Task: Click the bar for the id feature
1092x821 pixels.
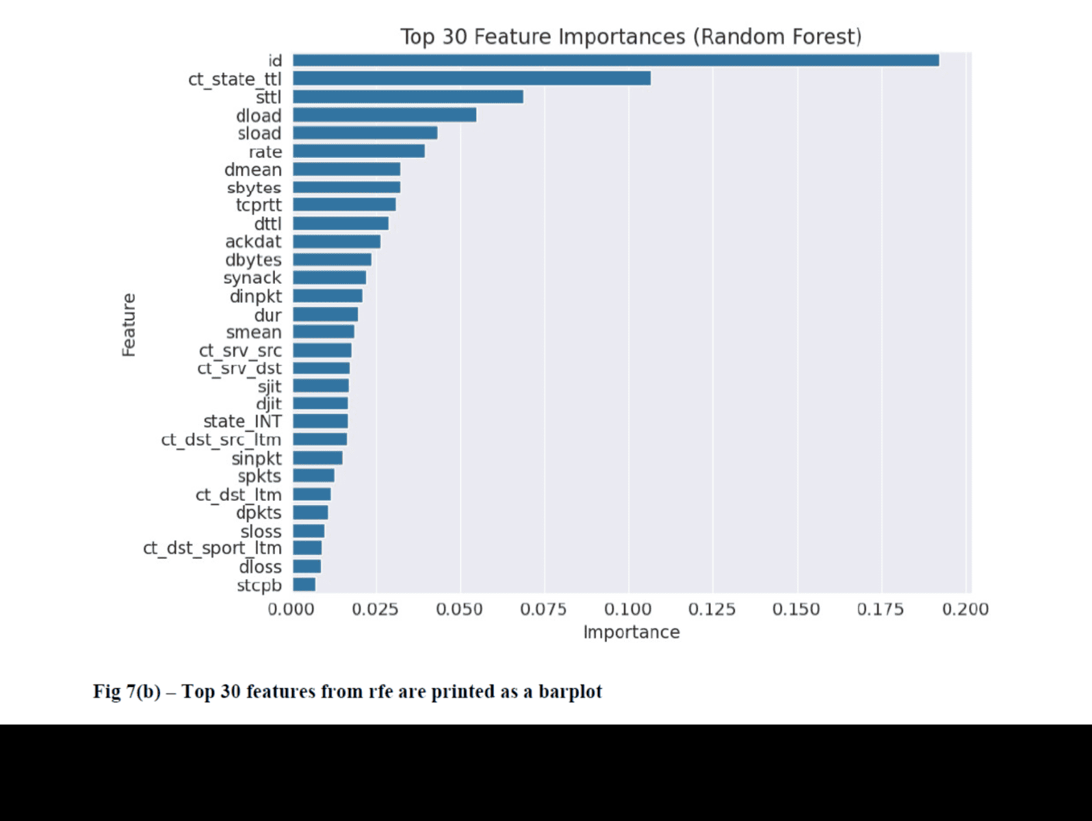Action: tap(616, 60)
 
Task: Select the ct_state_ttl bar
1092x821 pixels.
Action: tap(471, 79)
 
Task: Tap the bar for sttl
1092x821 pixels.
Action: tap(408, 96)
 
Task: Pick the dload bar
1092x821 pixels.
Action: tap(385, 115)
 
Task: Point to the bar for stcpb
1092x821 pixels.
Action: tap(304, 584)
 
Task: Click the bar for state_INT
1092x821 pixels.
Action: tap(320, 421)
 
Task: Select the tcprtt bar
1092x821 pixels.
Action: tap(344, 205)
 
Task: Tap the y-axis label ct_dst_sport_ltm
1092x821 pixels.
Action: tap(212, 549)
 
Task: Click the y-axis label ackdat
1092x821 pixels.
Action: tap(253, 242)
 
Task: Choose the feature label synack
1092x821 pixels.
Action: tap(252, 278)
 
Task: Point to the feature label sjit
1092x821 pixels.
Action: tap(269, 387)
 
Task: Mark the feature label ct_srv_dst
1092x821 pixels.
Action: tap(239, 368)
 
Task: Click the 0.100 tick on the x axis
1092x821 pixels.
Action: tap(627, 609)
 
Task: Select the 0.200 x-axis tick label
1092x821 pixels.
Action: tap(965, 609)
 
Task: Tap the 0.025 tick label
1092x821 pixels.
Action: tap(375, 609)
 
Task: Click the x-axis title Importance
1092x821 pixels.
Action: tap(631, 632)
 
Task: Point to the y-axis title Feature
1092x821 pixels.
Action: tap(129, 325)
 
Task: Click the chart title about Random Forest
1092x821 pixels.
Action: tap(630, 36)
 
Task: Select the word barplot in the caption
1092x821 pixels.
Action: tap(570, 692)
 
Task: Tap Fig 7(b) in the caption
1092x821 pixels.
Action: tap(127, 692)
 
